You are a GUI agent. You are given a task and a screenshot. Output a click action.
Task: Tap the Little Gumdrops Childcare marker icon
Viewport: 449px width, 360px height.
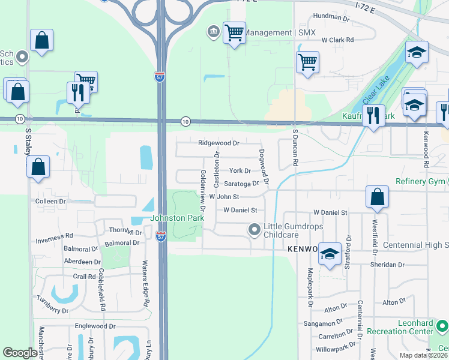click(255, 229)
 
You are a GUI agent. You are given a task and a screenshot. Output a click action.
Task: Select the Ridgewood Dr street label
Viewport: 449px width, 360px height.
click(218, 143)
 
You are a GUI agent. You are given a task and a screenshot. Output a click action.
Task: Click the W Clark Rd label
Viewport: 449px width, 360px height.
click(338, 40)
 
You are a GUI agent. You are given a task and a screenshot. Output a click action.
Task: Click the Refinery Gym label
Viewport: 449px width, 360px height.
click(418, 182)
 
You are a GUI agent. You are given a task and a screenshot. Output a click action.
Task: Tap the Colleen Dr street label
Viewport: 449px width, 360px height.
click(51, 201)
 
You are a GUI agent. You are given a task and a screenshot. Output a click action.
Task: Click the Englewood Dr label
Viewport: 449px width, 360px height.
click(95, 326)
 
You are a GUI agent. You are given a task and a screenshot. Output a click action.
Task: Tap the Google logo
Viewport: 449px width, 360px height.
click(20, 353)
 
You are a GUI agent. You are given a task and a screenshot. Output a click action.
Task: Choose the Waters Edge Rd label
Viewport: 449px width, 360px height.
click(145, 284)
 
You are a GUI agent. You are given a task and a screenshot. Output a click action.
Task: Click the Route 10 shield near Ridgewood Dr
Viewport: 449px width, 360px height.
click(186, 121)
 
